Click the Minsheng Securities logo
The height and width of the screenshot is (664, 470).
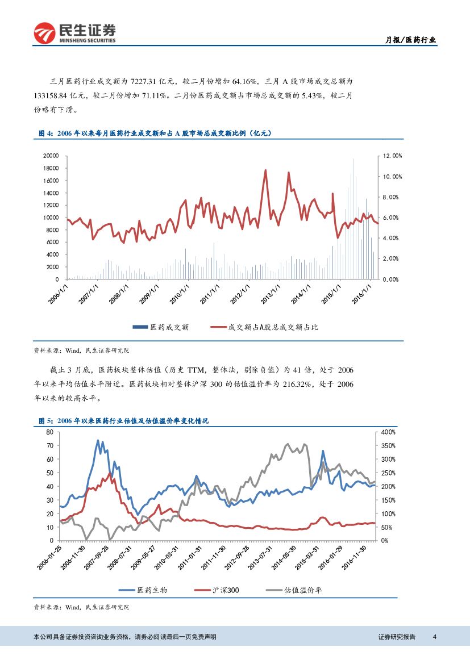pos(74,32)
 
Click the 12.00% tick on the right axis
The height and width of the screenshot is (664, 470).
pos(392,156)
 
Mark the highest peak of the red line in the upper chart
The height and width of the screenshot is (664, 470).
pos(265,170)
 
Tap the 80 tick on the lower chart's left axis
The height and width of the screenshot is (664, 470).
pos(49,432)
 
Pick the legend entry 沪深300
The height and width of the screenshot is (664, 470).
pos(217,590)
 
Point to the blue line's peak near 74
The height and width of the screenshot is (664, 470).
pos(98,440)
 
